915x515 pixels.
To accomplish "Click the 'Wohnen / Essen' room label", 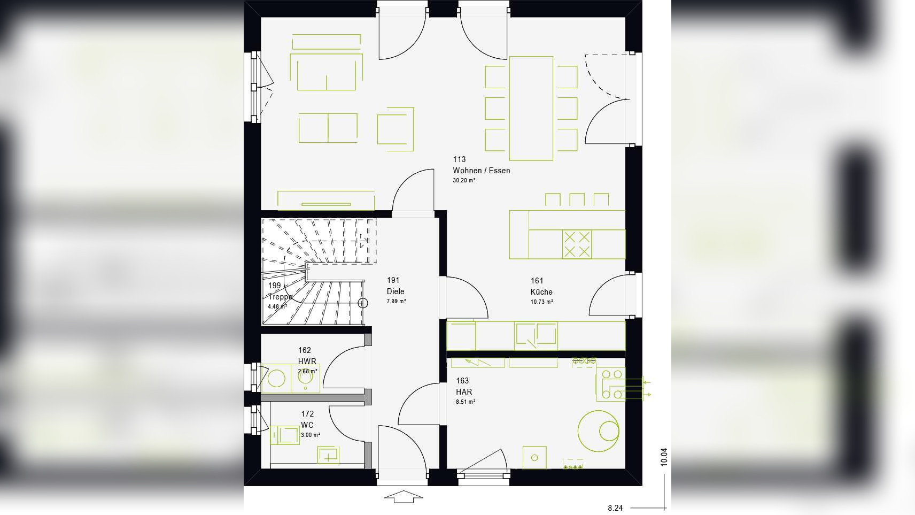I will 481,171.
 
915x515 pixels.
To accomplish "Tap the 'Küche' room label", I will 541,292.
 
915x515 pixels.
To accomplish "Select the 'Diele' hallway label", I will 396,291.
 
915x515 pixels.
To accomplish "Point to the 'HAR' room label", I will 463,392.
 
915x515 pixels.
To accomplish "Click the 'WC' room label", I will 307,425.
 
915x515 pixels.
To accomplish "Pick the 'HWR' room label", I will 307,362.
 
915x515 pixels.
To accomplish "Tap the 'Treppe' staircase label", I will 280,297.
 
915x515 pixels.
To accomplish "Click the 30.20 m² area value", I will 464,181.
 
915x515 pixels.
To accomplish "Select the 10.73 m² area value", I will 541,302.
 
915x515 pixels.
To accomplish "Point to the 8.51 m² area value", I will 465,402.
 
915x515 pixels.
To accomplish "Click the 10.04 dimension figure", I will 664,457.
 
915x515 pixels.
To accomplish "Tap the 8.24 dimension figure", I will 615,508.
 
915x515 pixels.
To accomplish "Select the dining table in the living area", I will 531,108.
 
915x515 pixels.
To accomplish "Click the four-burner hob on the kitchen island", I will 577,244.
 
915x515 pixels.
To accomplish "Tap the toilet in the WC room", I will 284,434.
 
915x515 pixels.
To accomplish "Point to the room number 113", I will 459,159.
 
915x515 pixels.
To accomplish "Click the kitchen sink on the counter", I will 536,336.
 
